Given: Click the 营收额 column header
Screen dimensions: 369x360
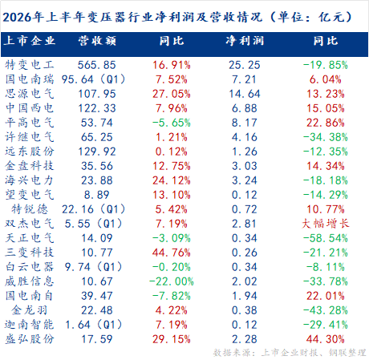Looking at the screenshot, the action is click(97, 41).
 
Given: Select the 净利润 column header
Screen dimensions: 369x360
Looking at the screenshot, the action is click(245, 41).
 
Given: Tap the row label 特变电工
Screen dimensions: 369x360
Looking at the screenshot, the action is click(30, 65).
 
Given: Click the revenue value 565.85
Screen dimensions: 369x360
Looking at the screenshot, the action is click(97, 65).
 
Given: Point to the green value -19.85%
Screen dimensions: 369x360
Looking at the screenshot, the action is click(326, 65).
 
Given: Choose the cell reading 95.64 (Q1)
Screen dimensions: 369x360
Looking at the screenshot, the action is click(93, 79).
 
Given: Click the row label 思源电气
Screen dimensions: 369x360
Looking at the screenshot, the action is click(30, 94).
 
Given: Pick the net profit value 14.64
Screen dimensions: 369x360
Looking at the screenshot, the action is click(245, 94).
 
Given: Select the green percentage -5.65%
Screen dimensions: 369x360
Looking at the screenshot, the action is click(172, 123).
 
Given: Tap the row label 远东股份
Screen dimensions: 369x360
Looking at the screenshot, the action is click(30, 152).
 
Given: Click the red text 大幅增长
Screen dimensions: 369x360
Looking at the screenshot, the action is click(326, 224).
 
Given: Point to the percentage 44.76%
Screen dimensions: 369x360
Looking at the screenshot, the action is click(172, 253).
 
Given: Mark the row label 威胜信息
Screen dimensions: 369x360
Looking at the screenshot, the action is click(30, 281).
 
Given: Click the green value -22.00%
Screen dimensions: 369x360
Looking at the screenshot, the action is click(172, 281).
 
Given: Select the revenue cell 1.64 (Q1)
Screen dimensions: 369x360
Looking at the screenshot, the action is click(93, 325).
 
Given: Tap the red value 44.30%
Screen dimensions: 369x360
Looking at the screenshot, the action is click(326, 339).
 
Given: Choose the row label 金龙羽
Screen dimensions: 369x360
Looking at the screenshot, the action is click(30, 310).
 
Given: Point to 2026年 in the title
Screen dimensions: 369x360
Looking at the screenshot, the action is click(23, 18).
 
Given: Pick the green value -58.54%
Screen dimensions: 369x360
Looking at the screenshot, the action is click(326, 238).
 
